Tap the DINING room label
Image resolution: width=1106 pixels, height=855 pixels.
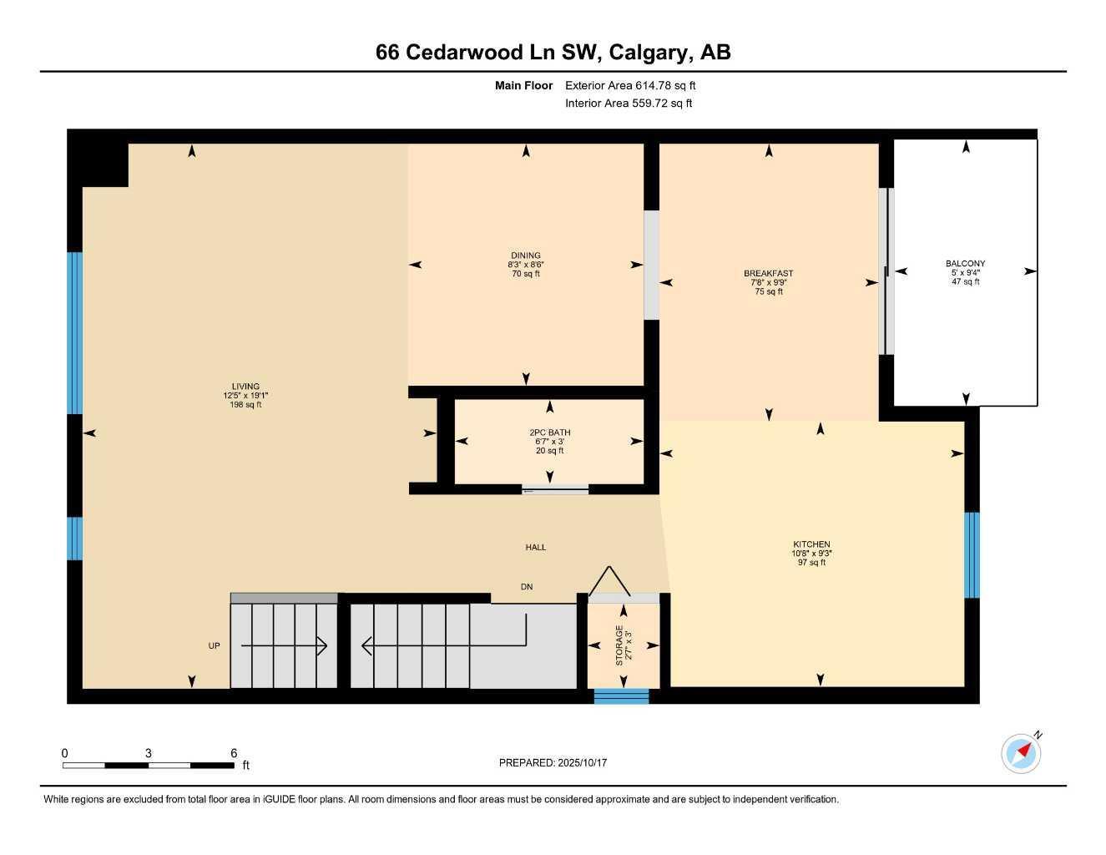(x=526, y=255)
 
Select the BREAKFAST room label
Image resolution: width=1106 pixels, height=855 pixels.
(x=768, y=273)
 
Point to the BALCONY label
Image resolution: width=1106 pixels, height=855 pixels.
(x=965, y=264)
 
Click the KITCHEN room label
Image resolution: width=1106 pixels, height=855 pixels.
(x=811, y=544)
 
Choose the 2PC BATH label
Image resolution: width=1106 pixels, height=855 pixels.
(x=549, y=433)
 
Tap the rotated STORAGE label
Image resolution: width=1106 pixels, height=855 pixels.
(x=619, y=645)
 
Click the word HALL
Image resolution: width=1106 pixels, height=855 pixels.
(x=536, y=548)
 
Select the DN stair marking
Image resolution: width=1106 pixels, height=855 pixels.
(x=527, y=587)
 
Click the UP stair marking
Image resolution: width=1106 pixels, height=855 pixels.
(x=215, y=645)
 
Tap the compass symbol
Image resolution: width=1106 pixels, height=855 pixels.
(x=1022, y=753)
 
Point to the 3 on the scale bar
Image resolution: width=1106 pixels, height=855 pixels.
(x=149, y=753)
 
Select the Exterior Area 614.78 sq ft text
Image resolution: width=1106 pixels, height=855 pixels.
(x=630, y=85)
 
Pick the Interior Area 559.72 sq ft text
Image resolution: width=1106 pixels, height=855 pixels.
(x=629, y=104)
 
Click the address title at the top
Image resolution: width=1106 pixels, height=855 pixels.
(x=553, y=53)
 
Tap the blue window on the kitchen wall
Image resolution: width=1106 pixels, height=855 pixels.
(x=972, y=555)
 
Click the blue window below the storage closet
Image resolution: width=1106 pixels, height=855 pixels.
(x=621, y=696)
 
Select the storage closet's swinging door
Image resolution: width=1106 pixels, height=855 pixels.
(x=610, y=581)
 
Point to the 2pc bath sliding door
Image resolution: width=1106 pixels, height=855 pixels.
(x=554, y=490)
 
